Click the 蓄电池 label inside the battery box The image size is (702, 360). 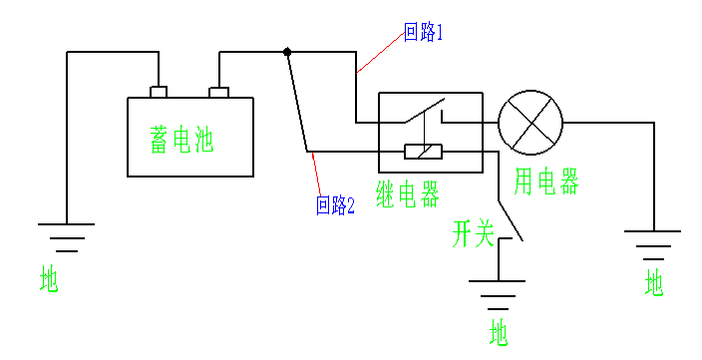pos(182,140)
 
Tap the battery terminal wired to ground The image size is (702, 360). pos(158,93)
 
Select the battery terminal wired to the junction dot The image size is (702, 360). pos(218,93)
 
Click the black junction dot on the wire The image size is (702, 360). pos(287,51)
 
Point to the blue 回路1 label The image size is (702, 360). pos(423,32)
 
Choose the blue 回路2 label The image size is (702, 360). pos(335,206)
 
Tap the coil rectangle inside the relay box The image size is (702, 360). pos(424,153)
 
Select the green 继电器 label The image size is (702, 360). pos(409,193)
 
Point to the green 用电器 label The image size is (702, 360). pos(546,181)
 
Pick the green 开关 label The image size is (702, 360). pos(473,235)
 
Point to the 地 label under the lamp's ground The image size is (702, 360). pos(654,283)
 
